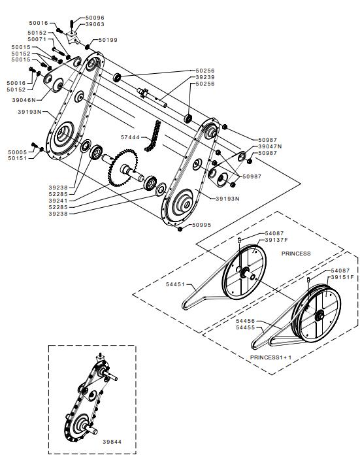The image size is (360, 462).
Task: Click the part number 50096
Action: [95, 18]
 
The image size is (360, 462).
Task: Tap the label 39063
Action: [95, 24]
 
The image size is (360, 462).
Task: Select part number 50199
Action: [108, 40]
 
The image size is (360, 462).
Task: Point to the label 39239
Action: [205, 77]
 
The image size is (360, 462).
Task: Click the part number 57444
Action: [130, 137]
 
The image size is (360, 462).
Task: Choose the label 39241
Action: [58, 201]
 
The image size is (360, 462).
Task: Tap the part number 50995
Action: [202, 225]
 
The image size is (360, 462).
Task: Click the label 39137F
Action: [276, 240]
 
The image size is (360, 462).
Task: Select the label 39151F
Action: [342, 277]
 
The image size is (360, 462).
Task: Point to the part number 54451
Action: [175, 284]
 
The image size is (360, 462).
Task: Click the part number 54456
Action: [246, 321]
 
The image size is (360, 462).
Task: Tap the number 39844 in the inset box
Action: [112, 442]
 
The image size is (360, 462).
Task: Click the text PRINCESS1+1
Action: [270, 357]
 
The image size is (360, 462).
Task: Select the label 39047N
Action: [270, 146]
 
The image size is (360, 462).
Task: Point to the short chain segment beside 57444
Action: [153, 136]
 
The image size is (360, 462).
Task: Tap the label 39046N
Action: [24, 100]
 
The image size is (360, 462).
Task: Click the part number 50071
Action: [37, 39]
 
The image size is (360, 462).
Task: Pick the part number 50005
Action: [18, 152]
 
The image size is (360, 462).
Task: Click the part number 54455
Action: [246, 327]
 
